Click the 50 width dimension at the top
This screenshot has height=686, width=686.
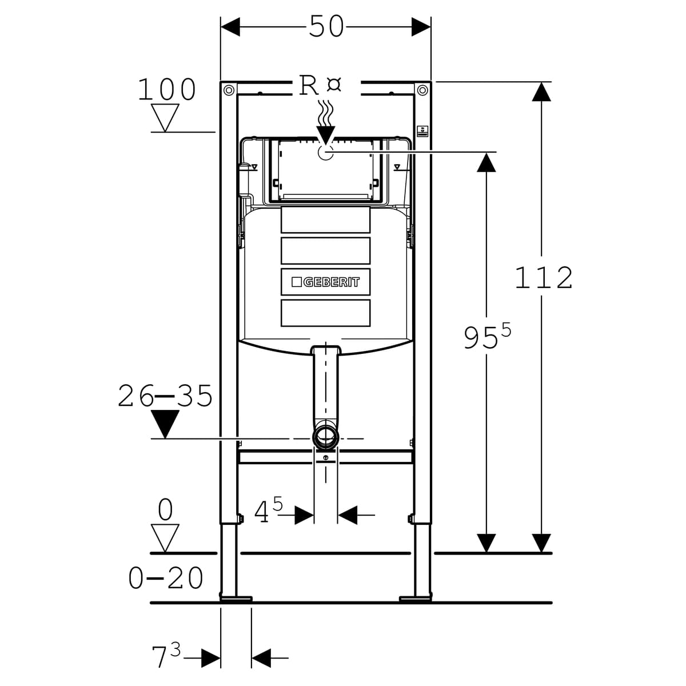pos(326,26)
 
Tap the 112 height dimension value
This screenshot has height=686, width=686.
pos(544,278)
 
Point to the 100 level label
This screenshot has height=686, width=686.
pos(167,90)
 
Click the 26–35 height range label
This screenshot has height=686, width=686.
pos(165,396)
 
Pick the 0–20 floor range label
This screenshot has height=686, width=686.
pos(166,578)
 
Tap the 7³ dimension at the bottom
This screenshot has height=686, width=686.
pos(166,656)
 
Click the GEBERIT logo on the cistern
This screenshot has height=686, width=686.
pos(326,282)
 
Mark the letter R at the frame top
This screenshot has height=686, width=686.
pos(309,86)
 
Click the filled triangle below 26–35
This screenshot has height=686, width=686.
pos(165,424)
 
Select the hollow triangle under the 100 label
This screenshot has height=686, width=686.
pos(166,117)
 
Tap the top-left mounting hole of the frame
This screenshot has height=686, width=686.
pos(229,90)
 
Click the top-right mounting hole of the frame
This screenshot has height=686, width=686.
pos(422,90)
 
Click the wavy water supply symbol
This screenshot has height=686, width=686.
pos(325,113)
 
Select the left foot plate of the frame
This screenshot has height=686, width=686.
pos(236,599)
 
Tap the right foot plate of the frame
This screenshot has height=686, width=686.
pos(416,599)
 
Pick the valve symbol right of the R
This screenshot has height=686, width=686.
pos(334,85)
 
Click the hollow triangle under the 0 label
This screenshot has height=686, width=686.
pos(165,538)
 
